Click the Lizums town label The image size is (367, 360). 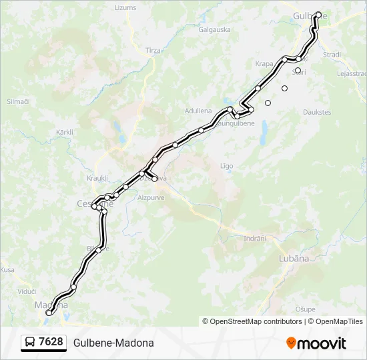pyautogui.click(x=125, y=7)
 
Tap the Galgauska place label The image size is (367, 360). pyautogui.click(x=214, y=29)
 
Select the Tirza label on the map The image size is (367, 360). pyautogui.click(x=153, y=50)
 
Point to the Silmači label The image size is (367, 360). pyautogui.click(x=17, y=101)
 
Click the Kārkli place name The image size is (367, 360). pyautogui.click(x=65, y=132)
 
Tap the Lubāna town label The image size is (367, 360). pyautogui.click(x=294, y=258)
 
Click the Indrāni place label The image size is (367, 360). pyautogui.click(x=254, y=238)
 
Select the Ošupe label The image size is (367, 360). pyautogui.click(x=305, y=309)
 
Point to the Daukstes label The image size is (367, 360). pyautogui.click(x=317, y=112)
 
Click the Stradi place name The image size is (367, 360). pyautogui.click(x=332, y=55)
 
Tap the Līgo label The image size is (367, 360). pyautogui.click(x=226, y=165)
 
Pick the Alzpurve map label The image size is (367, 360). pyautogui.click(x=150, y=198)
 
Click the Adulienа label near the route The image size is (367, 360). pyautogui.click(x=198, y=111)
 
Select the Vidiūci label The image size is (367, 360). pyautogui.click(x=27, y=291)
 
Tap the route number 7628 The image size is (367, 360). pyautogui.click(x=51, y=343)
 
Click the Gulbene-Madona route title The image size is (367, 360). pyautogui.click(x=113, y=343)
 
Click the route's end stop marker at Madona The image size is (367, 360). pyautogui.click(x=49, y=313)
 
